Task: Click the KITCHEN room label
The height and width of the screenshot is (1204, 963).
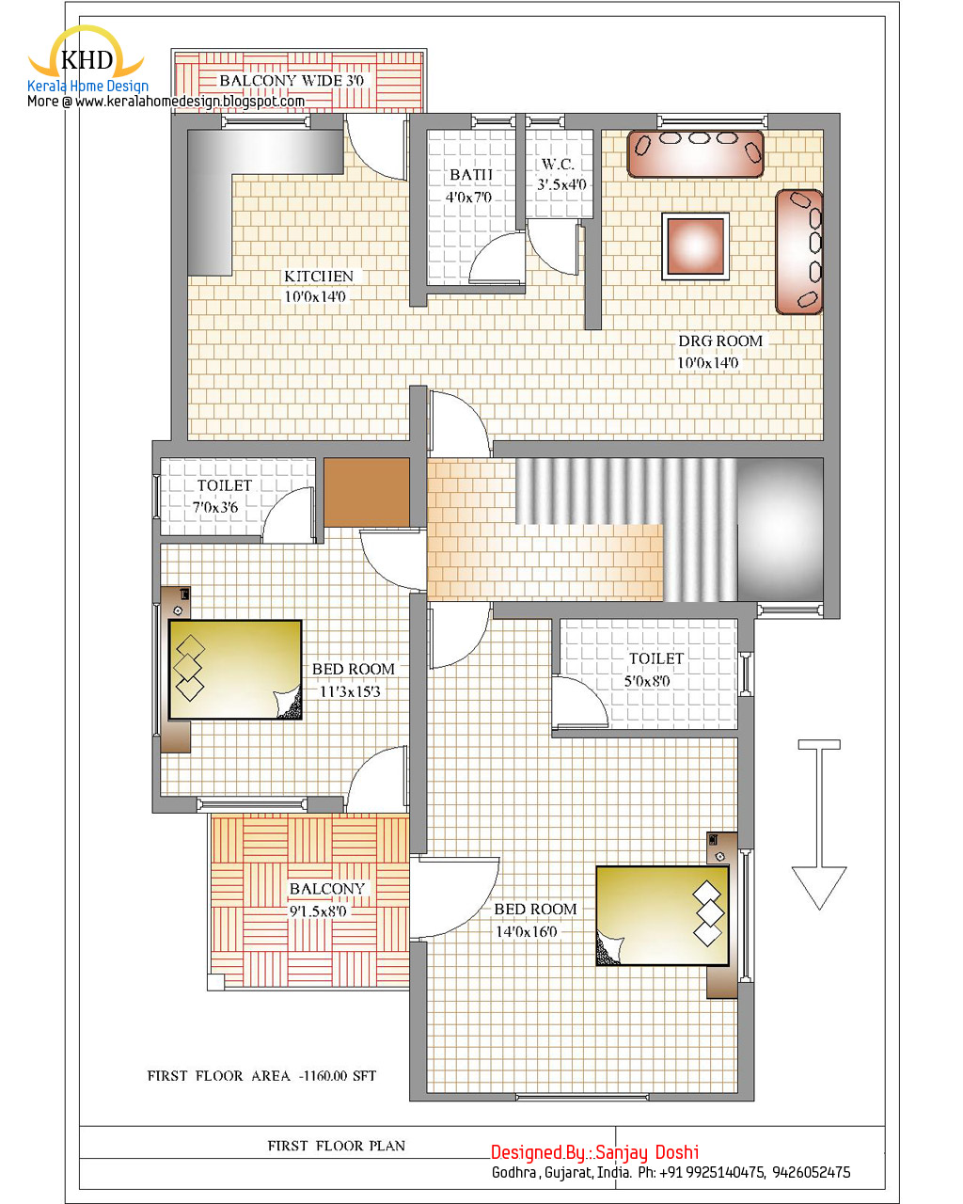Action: (319, 277)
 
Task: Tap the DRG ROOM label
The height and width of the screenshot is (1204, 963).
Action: (720, 341)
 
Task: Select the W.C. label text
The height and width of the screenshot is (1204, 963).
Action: (558, 165)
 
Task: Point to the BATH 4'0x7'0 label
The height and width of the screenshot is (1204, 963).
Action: (470, 185)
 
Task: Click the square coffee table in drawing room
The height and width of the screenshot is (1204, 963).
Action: (695, 246)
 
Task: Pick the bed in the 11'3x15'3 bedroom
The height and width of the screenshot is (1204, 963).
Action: (235, 669)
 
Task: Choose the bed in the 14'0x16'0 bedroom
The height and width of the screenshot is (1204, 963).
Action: (662, 916)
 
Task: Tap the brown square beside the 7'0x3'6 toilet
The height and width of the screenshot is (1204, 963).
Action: (367, 492)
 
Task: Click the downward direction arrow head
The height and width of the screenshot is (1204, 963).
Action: (818, 887)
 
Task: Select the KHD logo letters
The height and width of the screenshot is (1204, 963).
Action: (87, 59)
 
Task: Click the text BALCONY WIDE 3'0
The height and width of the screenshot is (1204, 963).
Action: (292, 81)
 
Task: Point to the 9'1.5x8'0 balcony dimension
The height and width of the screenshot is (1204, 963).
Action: (318, 911)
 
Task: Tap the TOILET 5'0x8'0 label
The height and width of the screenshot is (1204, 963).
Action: (653, 670)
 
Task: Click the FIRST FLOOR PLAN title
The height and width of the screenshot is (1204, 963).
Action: (337, 1146)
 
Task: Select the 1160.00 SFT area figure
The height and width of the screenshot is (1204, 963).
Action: (339, 1076)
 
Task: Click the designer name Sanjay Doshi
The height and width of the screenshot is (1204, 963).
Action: (647, 1152)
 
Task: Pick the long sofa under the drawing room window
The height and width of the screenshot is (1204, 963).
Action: (696, 154)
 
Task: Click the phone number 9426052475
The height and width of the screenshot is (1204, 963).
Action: (811, 1173)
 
